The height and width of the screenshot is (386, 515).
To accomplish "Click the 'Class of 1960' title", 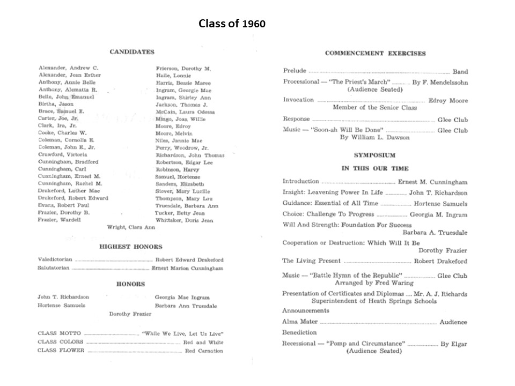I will [232, 24].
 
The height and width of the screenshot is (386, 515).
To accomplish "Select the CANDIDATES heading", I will [132, 52].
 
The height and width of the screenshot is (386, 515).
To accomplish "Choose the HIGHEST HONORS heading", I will [130, 247].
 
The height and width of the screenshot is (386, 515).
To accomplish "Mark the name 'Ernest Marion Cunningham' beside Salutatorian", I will [187, 268].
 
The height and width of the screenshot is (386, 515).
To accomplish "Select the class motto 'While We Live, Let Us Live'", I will [182, 333].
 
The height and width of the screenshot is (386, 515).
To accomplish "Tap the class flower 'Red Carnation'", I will [203, 351].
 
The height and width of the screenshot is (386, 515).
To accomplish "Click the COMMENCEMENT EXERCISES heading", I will [375, 54].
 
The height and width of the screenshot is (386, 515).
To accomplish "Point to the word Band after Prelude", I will [460, 71].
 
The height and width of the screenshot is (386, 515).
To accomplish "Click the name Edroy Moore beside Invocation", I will [448, 100].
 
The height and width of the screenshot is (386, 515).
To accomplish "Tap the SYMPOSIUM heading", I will [375, 155].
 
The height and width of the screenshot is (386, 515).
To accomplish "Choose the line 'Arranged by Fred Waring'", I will [374, 283].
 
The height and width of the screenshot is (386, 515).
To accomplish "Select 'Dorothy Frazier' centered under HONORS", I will [130, 314].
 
